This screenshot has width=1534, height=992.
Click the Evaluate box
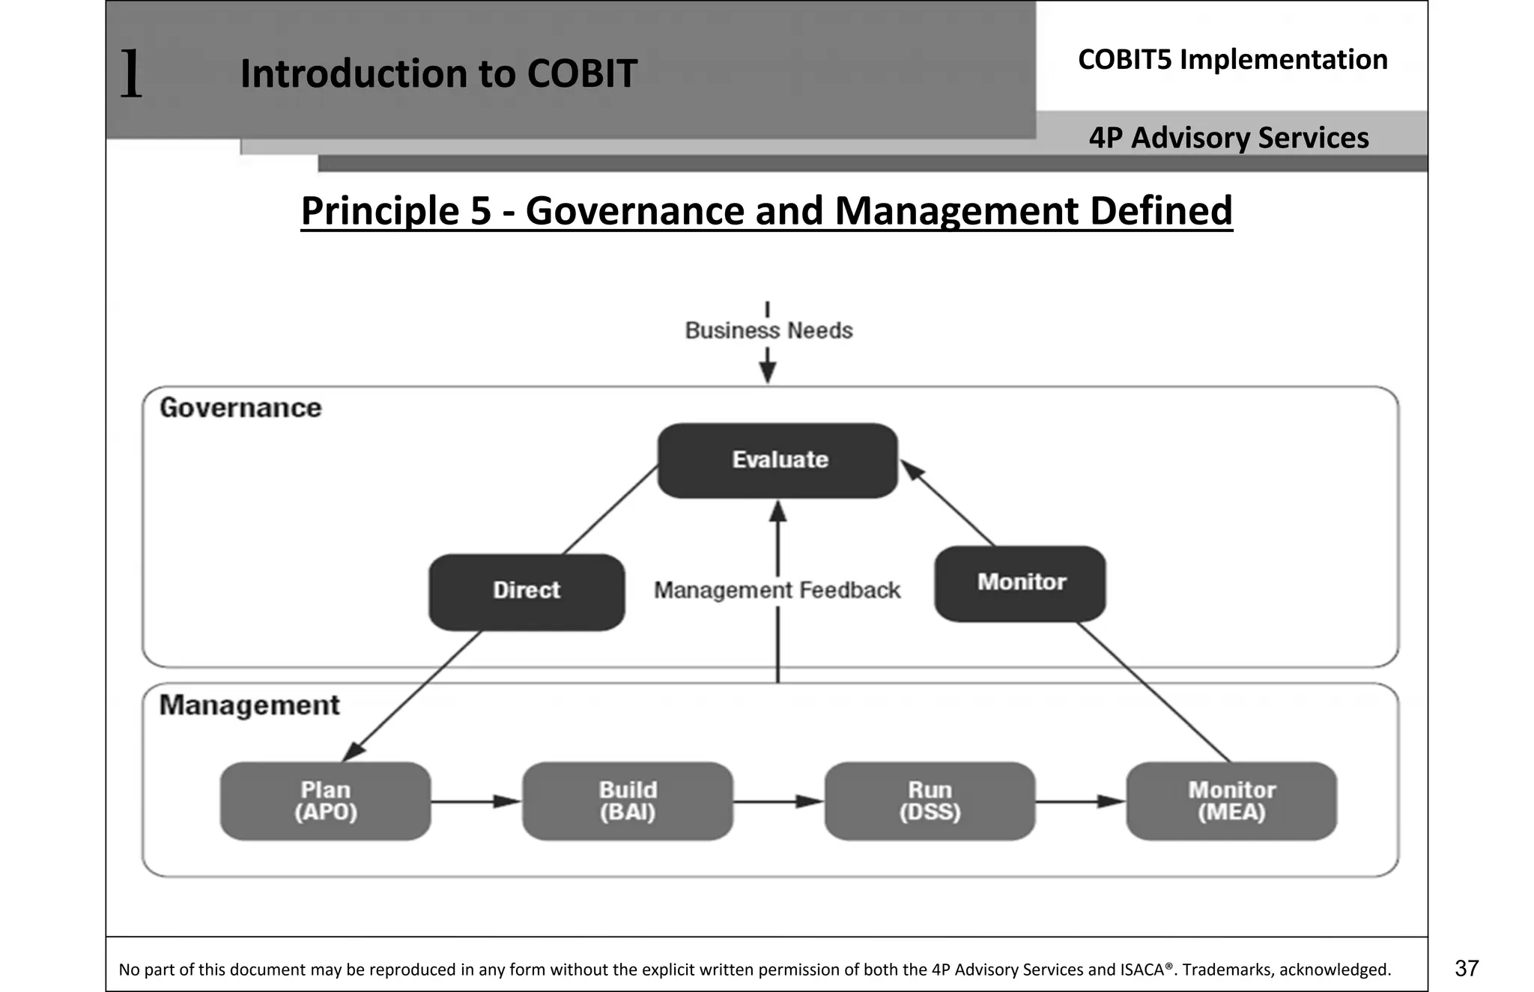(777, 460)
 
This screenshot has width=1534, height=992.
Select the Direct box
(527, 591)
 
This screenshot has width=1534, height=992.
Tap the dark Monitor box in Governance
(1020, 583)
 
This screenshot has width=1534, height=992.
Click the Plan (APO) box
(325, 801)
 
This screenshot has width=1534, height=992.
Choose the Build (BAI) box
(628, 801)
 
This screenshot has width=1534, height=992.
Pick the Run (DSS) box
(930, 801)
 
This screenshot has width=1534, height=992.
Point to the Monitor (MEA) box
(1231, 801)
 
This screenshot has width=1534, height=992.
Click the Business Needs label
(768, 331)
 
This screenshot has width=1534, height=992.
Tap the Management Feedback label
(777, 591)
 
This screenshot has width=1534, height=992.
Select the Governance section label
(240, 408)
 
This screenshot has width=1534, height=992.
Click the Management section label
(249, 705)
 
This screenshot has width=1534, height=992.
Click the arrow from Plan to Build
(476, 802)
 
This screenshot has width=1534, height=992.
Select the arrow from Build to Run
(778, 802)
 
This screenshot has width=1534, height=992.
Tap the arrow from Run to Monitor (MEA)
(1080, 802)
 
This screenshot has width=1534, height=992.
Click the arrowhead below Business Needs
(768, 372)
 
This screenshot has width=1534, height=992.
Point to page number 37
(1467, 968)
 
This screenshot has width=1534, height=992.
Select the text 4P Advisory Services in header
(1228, 138)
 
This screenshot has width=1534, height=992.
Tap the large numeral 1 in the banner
(131, 73)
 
